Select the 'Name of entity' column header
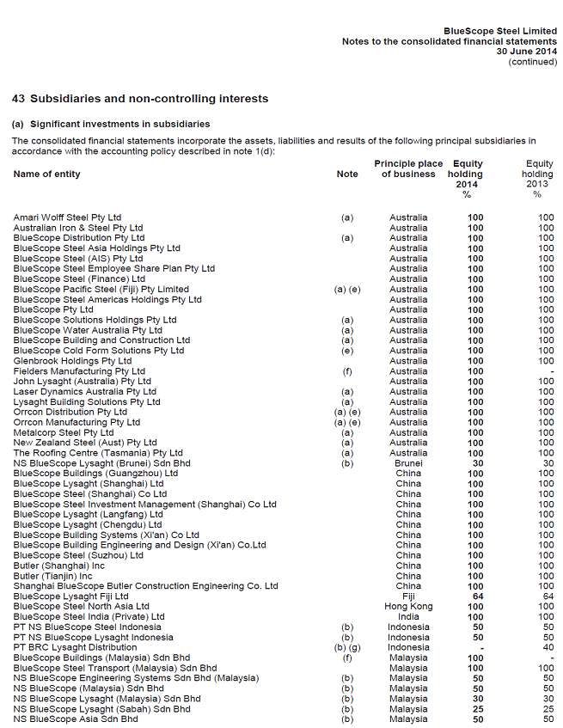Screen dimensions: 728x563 pyautogui.click(x=47, y=174)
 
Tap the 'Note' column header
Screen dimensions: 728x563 pyautogui.click(x=347, y=174)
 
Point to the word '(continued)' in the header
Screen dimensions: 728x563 pyautogui.click(x=532, y=62)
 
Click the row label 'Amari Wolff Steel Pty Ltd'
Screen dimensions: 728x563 pyautogui.click(x=67, y=217)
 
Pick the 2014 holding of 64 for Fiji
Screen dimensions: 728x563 pyautogui.click(x=475, y=596)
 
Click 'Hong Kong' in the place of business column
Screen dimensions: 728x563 pyautogui.click(x=408, y=607)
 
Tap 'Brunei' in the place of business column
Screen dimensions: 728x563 pyautogui.click(x=408, y=463)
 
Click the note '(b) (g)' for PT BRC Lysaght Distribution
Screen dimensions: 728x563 pyautogui.click(x=347, y=648)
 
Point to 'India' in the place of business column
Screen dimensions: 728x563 pyautogui.click(x=408, y=617)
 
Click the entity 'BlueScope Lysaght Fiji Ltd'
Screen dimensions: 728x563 pyautogui.click(x=70, y=596)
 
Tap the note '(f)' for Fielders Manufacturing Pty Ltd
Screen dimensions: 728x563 pyautogui.click(x=347, y=371)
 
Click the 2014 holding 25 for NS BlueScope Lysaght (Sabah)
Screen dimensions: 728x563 pyautogui.click(x=475, y=709)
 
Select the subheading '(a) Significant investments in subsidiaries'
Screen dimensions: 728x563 pyautogui.click(x=111, y=125)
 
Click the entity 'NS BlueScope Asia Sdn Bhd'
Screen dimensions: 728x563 pyautogui.click(x=76, y=719)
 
